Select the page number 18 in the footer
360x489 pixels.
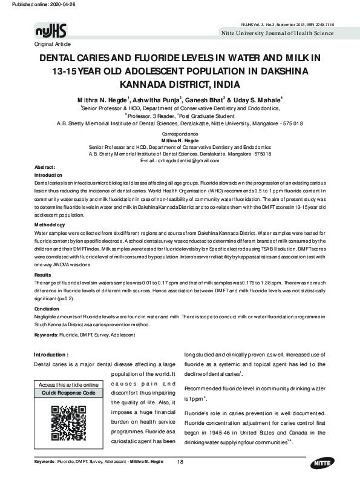(180, 462)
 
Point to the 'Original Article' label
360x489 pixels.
(53, 45)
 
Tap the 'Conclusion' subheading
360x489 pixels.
(47, 309)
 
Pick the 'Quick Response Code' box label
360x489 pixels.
(68, 393)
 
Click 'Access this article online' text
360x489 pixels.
(68, 385)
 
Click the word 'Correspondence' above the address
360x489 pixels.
(180, 133)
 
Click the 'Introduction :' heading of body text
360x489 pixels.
(55, 354)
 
